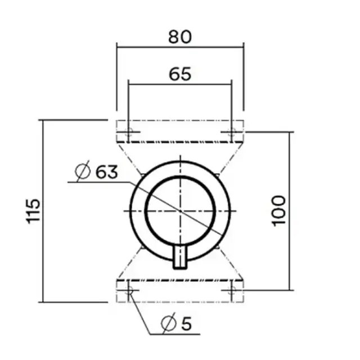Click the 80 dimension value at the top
point(180,37)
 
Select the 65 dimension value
point(180,73)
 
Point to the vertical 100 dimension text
point(280,211)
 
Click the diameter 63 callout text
point(97,172)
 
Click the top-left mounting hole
point(128,132)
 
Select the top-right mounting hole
point(232,132)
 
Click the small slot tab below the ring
point(180,258)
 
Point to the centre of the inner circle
point(180,210)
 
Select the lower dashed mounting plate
point(180,290)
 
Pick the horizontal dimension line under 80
point(180,47)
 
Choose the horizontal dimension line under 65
point(180,84)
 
